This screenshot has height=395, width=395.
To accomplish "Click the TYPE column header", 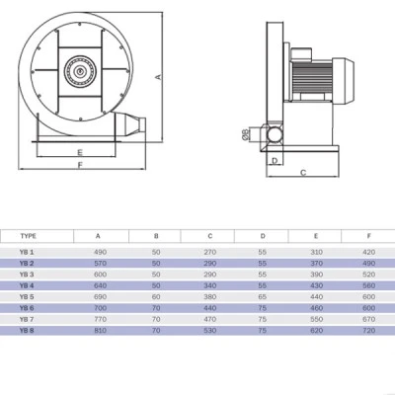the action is pos(28,236).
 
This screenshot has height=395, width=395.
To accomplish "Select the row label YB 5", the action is pos(27,297).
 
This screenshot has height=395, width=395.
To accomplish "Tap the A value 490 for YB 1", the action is pos(100,252).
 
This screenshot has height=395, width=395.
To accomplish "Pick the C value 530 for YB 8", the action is pos(210,331).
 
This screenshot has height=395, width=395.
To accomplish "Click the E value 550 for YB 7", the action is pos(316,319).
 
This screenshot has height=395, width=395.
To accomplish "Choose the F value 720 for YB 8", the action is pos(368,331).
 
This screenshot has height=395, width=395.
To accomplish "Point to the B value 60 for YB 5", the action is pos(156,297).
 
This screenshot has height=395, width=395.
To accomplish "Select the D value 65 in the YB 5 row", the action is pos(263,297).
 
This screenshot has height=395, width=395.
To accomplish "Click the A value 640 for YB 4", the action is pos(100,285).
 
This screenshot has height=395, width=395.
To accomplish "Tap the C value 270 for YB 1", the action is pos(210,252).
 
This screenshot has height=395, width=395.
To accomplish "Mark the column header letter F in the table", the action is pos(369,236).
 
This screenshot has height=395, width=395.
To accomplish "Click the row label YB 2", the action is pos(27,264).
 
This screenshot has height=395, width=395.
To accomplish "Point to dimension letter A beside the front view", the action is pos(159,77).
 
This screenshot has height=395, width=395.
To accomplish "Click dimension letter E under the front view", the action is pos(80,152).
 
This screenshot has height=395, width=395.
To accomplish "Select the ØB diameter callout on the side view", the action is pos(246,134).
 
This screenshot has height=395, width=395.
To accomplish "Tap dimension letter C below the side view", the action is pos(303,173).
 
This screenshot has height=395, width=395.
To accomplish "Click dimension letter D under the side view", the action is pos(275,161).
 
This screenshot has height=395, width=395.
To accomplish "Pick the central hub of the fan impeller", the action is pos(80,71).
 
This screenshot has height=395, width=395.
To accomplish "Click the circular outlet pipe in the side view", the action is pos(274,134).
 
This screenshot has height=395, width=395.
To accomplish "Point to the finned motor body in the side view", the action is pos(312,78).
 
